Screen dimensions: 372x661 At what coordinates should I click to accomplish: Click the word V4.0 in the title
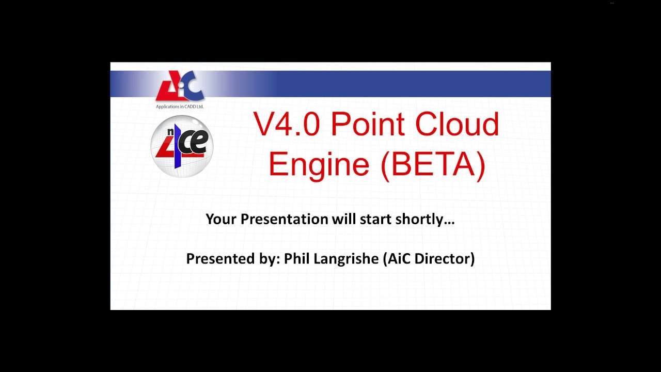[286, 125]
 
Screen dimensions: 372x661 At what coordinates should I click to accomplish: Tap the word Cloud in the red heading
[457, 125]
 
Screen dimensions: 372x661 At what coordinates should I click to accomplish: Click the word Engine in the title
[319, 164]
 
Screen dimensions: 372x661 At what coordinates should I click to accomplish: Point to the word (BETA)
[433, 164]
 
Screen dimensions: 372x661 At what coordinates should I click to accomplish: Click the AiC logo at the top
[180, 86]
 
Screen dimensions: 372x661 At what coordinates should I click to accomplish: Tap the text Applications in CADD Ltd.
[180, 107]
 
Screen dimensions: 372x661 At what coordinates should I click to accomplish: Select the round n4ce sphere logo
[182, 147]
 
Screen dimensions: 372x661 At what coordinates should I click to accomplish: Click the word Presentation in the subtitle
[284, 219]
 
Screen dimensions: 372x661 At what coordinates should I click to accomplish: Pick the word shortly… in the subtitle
[425, 219]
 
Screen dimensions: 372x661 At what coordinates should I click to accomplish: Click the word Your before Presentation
[221, 219]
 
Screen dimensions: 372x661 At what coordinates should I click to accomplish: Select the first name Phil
[297, 258]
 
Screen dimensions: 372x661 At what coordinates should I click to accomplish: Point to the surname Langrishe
[346, 259]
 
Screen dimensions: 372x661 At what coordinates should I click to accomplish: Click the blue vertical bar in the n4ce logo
[177, 147]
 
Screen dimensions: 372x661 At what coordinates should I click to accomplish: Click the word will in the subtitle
[343, 219]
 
